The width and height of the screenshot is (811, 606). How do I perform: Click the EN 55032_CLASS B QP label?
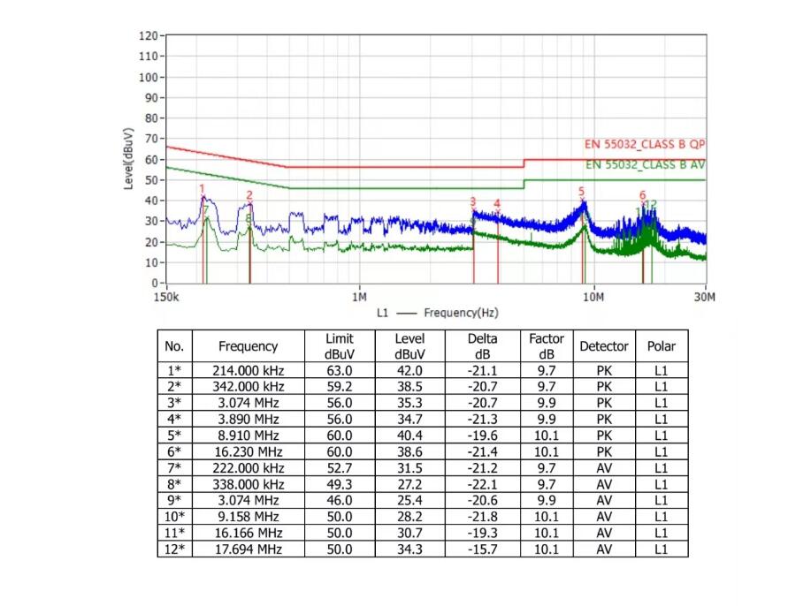[644, 144]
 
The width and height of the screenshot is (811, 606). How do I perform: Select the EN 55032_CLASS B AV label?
[644, 164]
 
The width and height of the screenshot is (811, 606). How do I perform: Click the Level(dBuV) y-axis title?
[129, 159]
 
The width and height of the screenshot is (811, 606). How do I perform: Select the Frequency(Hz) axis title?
[461, 313]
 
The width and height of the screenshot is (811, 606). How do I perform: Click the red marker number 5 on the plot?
[582, 191]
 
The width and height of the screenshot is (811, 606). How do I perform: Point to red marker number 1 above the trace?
[202, 188]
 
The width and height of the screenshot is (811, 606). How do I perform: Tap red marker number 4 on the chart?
[497, 203]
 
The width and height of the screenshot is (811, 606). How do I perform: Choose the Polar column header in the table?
[661, 346]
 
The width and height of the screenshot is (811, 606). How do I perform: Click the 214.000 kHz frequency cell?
[248, 371]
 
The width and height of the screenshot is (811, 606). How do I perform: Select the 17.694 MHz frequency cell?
[248, 549]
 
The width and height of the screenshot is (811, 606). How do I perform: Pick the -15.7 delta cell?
[483, 549]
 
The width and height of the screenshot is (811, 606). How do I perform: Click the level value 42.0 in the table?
[409, 371]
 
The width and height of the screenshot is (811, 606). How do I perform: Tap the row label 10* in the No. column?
[175, 517]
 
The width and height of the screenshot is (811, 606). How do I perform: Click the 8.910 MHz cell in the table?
[248, 436]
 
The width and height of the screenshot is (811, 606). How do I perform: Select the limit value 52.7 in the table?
[339, 468]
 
